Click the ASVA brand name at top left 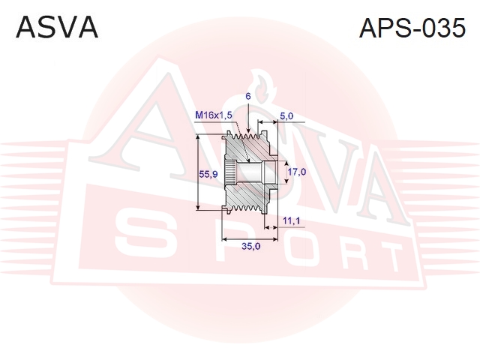click(x=57, y=28)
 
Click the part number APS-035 click(x=412, y=28)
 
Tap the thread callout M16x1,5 click(x=214, y=115)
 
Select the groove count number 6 click(x=248, y=97)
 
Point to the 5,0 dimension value click(x=286, y=116)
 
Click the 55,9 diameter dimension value click(x=208, y=174)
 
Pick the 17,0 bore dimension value click(x=297, y=172)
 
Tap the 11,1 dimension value click(x=292, y=220)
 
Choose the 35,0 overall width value click(x=250, y=246)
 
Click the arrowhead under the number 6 click(x=248, y=130)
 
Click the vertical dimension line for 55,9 click(x=199, y=172)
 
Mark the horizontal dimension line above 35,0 click(x=250, y=238)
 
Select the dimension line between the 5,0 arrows click(x=268, y=121)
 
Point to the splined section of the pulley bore click(x=230, y=172)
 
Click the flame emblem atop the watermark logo click(x=261, y=86)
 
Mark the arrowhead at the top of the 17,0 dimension click(x=286, y=164)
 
